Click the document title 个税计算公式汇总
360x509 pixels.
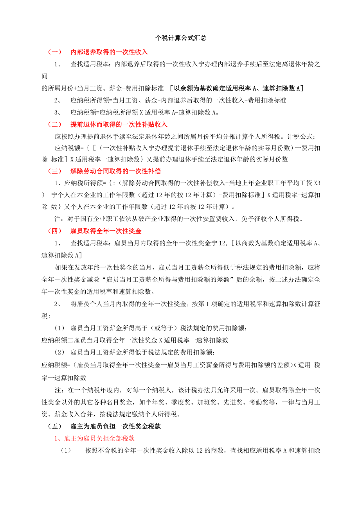point(180,38)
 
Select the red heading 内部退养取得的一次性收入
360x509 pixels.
point(109,52)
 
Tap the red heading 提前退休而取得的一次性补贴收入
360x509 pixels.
point(119,124)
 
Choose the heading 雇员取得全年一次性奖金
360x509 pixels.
point(106,231)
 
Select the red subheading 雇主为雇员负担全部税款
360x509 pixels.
point(94,439)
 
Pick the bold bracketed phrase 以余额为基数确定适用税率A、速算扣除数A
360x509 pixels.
point(238,88)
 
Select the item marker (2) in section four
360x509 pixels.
point(59,352)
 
